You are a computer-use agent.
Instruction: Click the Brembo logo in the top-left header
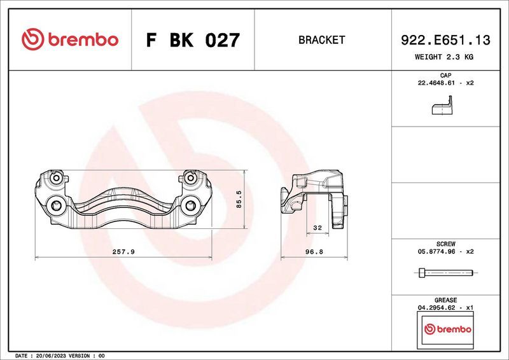tap(70, 39)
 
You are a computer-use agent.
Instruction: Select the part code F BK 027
tap(193, 40)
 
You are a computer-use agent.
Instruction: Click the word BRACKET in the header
tap(321, 40)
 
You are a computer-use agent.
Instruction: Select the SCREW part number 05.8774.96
tap(438, 251)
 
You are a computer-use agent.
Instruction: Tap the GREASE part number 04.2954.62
tap(438, 307)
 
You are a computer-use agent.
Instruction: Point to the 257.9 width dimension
tap(123, 252)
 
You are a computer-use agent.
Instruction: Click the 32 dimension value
tap(316, 227)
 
